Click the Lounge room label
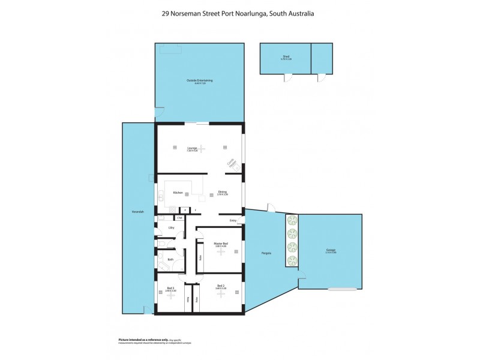[x=192, y=147]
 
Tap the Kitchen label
[x=178, y=193]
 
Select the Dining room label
[x=223, y=193]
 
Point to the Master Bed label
[x=221, y=244]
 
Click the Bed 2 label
[x=221, y=286]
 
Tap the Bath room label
[x=170, y=259]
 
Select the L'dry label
[x=171, y=228]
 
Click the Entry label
[x=233, y=221]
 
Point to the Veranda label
[x=137, y=212]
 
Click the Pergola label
[x=266, y=253]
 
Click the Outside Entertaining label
[x=200, y=81]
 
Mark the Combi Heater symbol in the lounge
[x=231, y=164]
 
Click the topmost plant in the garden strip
[x=292, y=219]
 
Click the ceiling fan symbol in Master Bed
[x=221, y=252]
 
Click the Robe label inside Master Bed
[x=200, y=257]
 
